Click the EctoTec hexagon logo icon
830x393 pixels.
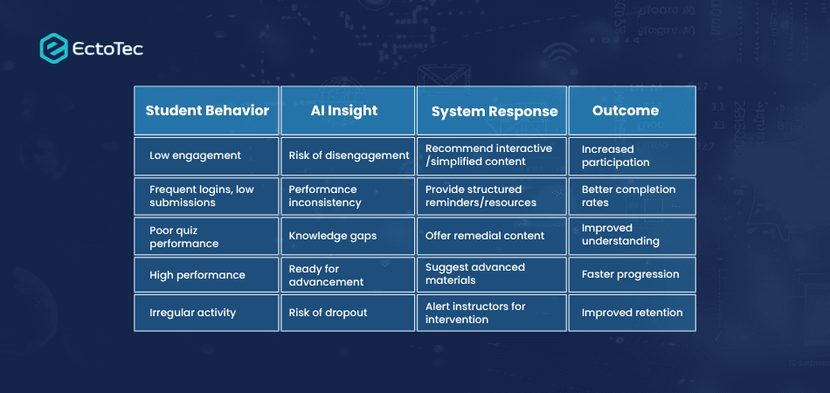click(53, 48)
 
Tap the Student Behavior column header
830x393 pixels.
click(206, 111)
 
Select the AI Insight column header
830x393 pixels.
click(348, 111)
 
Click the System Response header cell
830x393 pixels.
click(492, 111)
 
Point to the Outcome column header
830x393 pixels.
click(632, 111)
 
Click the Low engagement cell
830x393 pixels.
click(206, 156)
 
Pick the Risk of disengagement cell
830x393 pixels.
click(348, 156)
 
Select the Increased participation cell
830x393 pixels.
click(632, 156)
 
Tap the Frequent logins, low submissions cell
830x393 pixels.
click(206, 196)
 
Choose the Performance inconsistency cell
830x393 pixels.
click(348, 196)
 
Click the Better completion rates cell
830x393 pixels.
click(632, 196)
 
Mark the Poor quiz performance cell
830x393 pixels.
click(206, 236)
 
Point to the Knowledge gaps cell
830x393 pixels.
click(348, 236)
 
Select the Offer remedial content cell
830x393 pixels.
click(492, 236)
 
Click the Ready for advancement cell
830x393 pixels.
click(348, 275)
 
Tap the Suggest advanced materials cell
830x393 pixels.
click(492, 275)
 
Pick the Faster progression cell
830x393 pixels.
click(632, 275)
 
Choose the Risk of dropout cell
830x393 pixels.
click(348, 314)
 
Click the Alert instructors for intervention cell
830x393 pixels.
click(492, 314)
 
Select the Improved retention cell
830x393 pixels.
click(632, 314)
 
